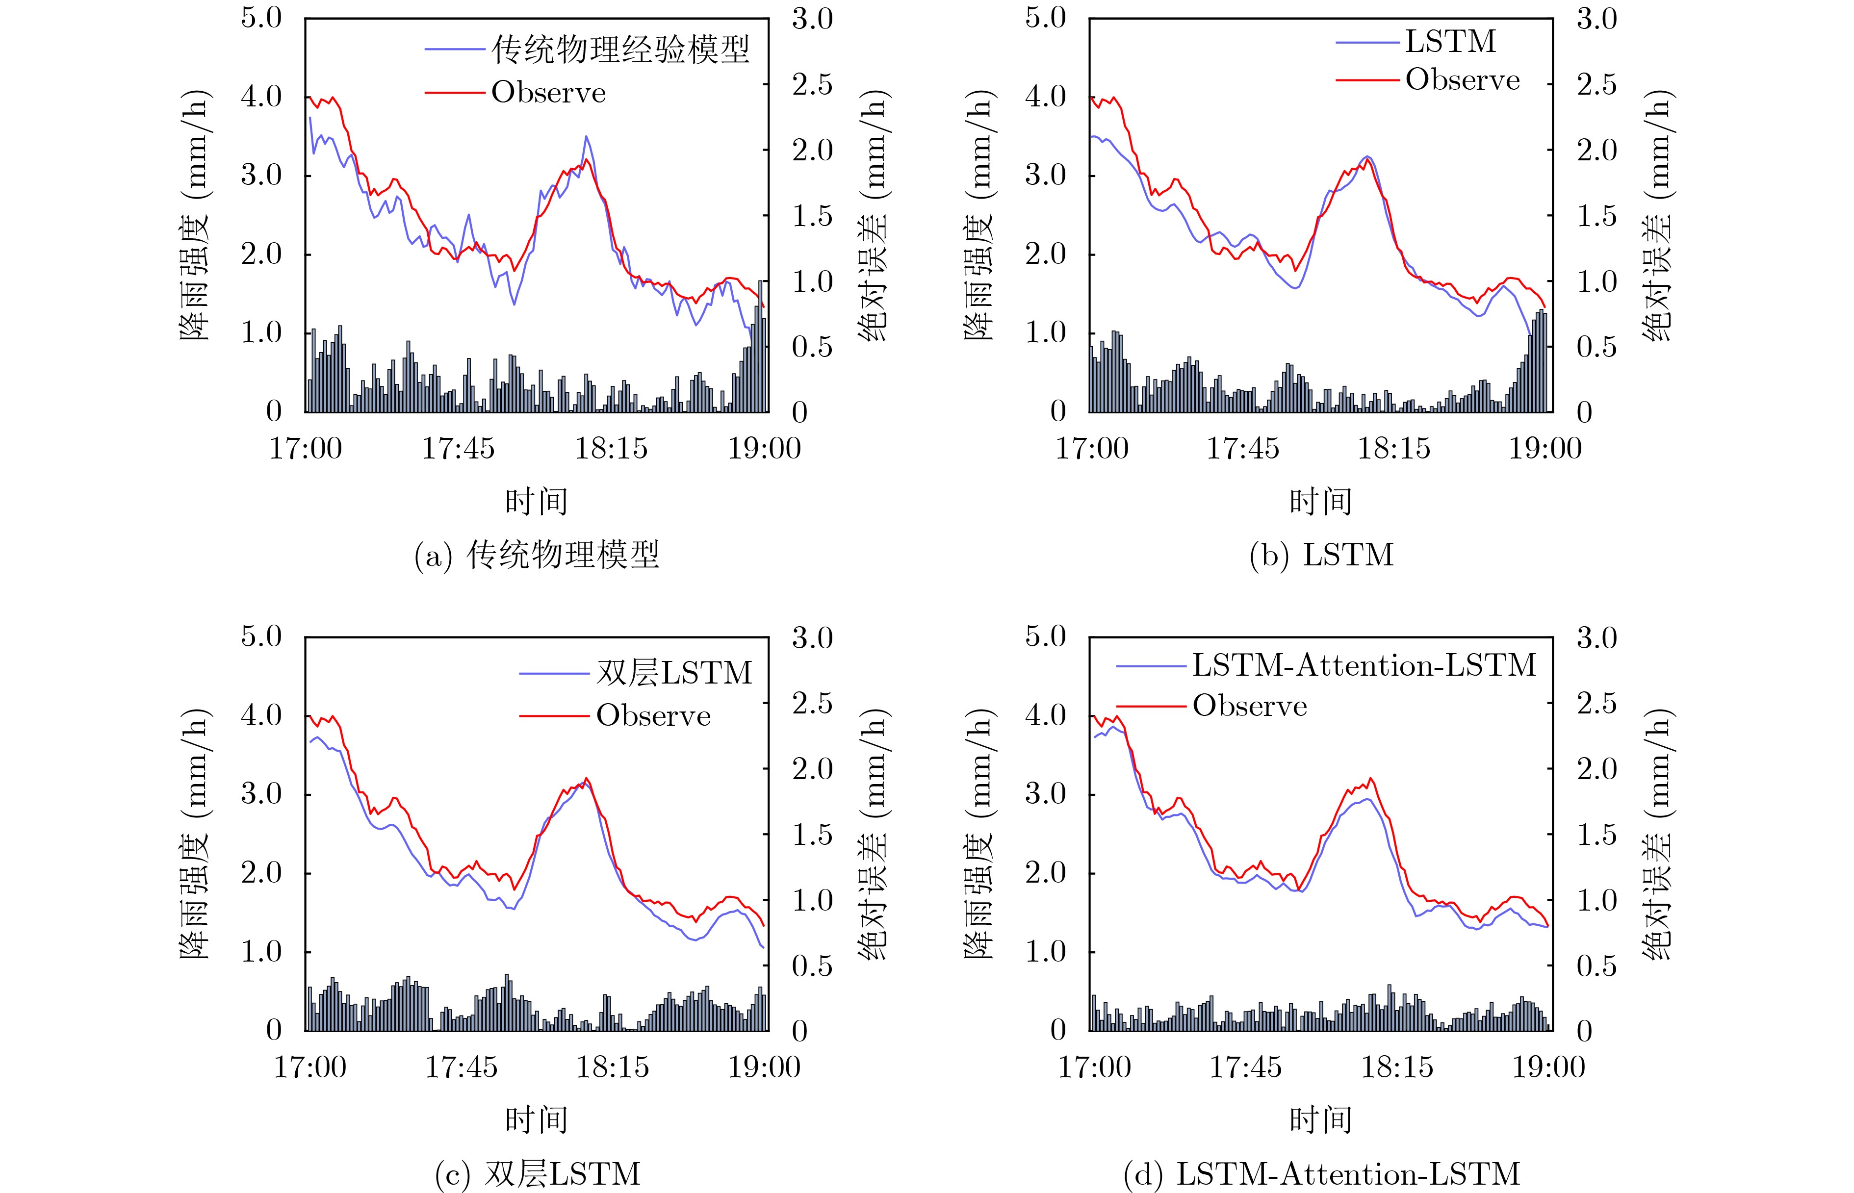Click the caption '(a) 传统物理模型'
coord(537,556)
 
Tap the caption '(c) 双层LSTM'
coord(538,1174)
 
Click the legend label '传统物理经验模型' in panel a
coord(620,50)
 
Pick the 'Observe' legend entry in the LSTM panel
coord(1462,80)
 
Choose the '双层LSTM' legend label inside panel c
coord(674,672)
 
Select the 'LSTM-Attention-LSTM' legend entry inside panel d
coord(1364,665)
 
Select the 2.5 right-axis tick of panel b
coord(1597,84)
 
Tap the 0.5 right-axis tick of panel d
coord(1597,966)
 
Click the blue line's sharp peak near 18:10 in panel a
coord(587,136)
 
